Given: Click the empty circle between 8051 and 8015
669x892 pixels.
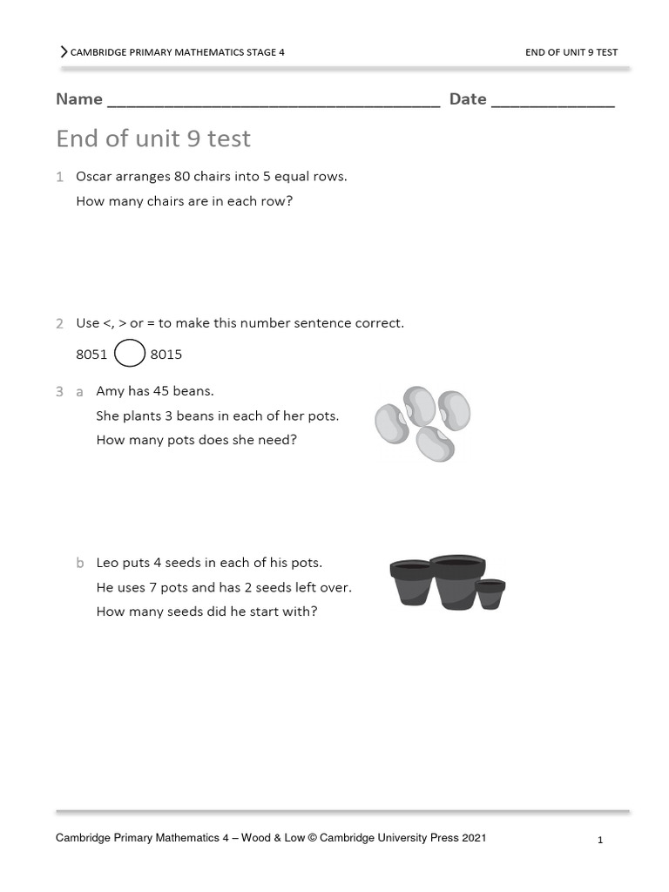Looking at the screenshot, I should tap(130, 354).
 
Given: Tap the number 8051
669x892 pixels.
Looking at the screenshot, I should tap(91, 355).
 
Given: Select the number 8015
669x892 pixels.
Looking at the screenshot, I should tap(166, 355).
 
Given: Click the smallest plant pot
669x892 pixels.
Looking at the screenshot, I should tap(490, 594).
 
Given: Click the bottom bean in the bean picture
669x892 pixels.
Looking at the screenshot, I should tap(435, 443).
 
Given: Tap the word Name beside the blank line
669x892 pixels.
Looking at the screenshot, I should tap(79, 99).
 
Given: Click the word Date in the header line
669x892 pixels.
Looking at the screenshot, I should tap(468, 99).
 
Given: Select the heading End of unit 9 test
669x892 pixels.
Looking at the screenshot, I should tap(153, 139).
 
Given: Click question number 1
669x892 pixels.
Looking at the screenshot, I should tap(59, 177).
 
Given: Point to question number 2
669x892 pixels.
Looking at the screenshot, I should tap(59, 324).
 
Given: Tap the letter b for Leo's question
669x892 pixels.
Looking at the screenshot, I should tap(79, 564).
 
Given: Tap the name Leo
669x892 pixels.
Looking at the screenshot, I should tap(108, 563).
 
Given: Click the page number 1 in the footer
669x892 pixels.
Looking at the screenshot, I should tap(600, 841).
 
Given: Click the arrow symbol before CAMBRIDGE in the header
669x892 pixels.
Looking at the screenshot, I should tap(64, 51).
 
